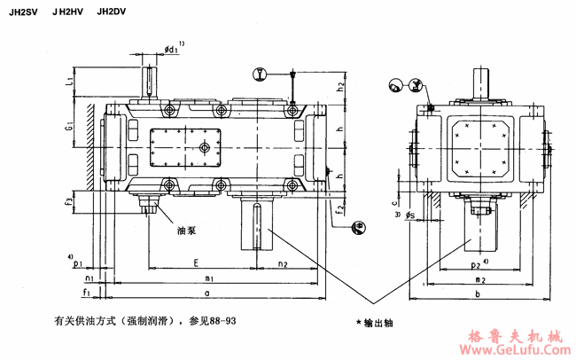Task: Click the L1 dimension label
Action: [69, 82]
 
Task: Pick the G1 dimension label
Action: [69, 130]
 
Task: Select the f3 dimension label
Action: [69, 202]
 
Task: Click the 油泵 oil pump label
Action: [185, 230]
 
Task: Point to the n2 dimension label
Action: [282, 263]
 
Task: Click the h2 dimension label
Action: [341, 86]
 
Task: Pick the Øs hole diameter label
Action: [409, 215]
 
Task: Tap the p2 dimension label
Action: [476, 264]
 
